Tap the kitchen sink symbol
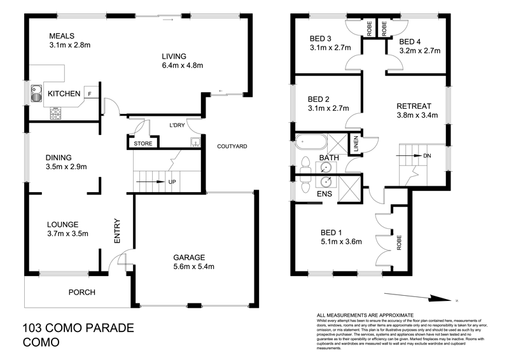[35, 94]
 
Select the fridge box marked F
[90, 93]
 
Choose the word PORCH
[81, 293]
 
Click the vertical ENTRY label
[117, 232]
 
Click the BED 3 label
[321, 38]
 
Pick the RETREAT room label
[414, 106]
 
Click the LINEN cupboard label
[356, 146]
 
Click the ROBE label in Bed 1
[400, 244]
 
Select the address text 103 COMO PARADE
[78, 329]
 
